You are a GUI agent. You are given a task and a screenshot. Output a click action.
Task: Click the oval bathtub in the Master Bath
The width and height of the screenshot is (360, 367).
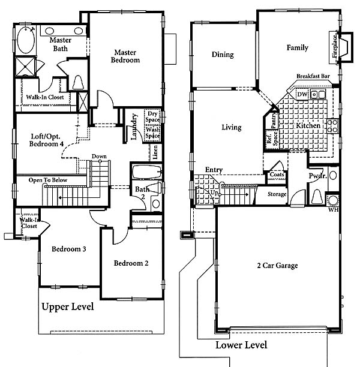(26, 40)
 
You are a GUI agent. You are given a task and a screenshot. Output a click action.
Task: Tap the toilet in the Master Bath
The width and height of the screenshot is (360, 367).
(78, 82)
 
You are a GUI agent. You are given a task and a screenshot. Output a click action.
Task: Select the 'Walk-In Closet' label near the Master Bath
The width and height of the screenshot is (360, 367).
(45, 97)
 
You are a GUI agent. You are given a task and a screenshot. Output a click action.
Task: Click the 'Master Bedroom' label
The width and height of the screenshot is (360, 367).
(125, 56)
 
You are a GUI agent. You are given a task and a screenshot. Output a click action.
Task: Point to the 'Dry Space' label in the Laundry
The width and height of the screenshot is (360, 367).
(152, 116)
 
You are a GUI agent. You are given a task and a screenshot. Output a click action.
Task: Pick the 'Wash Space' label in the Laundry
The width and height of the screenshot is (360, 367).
(152, 133)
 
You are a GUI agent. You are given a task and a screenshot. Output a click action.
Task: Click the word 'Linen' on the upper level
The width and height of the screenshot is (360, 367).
(155, 152)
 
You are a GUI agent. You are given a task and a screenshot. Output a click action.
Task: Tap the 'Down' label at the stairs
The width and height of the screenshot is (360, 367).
(99, 157)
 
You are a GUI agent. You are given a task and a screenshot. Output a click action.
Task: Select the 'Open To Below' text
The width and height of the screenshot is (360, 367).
(48, 180)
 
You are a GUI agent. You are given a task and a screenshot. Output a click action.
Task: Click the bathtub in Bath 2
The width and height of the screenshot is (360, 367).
(147, 172)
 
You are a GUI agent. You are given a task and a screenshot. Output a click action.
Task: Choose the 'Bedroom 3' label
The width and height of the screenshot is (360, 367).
(69, 249)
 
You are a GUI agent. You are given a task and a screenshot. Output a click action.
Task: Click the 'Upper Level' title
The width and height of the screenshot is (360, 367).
(68, 306)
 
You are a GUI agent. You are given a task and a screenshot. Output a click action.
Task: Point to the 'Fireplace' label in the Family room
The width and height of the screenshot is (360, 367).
(335, 46)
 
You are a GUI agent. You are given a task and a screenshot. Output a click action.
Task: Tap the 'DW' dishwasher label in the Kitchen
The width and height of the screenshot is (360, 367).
(302, 94)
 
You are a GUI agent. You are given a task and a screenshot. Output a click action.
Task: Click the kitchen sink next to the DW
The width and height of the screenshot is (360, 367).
(318, 94)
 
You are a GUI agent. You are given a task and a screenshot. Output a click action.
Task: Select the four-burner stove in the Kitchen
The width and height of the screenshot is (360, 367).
(332, 126)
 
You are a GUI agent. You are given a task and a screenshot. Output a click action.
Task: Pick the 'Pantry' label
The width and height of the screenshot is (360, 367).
(274, 120)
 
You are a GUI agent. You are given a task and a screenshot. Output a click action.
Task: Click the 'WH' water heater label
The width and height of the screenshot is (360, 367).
(333, 209)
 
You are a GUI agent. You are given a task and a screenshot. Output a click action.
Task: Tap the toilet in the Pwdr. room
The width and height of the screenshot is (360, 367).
(317, 197)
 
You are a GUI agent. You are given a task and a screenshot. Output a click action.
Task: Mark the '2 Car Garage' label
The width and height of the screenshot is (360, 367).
(277, 266)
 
